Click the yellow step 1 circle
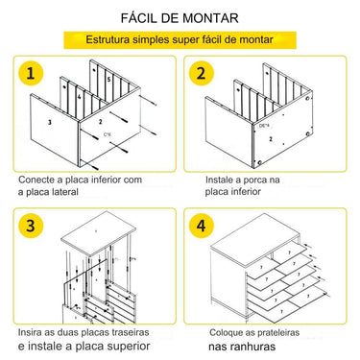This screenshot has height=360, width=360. click(35, 75)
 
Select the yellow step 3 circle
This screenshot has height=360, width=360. click(35, 227)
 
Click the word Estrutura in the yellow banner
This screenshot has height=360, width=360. click(113, 40)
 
